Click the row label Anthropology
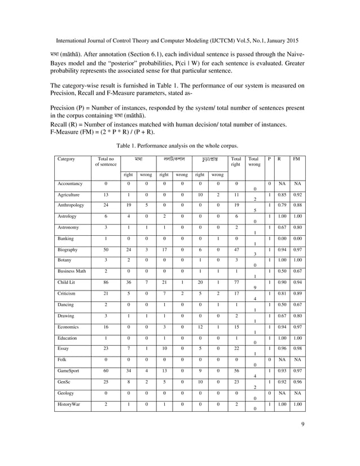[x=71, y=205]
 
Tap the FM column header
[x=297, y=160]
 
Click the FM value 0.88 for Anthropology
[x=297, y=205]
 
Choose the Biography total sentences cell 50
[x=106, y=250]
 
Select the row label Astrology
[x=67, y=217]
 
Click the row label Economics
[x=68, y=327]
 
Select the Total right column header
[x=236, y=163]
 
